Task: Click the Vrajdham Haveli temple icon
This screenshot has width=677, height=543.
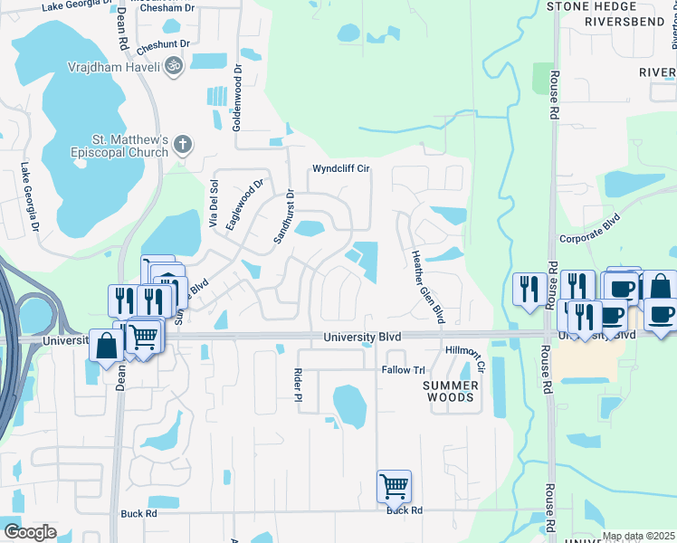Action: [173, 65]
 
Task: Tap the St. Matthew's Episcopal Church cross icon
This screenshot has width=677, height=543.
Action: [182, 143]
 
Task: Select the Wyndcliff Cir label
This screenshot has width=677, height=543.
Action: [342, 169]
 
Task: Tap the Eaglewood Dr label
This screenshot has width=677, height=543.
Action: [243, 205]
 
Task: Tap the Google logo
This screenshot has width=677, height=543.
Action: [29, 531]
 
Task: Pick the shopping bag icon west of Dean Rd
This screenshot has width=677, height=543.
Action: [107, 346]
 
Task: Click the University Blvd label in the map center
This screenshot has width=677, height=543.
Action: [362, 337]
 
